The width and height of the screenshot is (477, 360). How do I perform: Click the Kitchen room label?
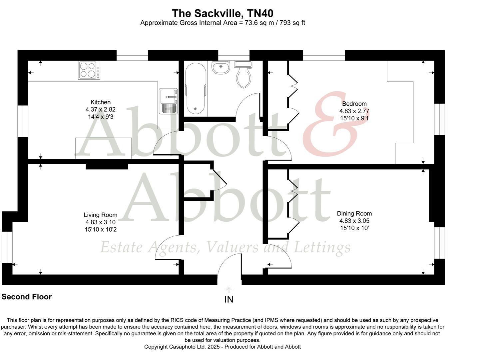(100, 102)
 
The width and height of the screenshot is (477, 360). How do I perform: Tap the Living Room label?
(100, 215)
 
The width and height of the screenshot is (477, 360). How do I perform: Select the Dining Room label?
(354, 214)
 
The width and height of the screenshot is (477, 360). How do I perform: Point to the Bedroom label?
(354, 104)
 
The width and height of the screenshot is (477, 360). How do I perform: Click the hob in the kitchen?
(89, 70)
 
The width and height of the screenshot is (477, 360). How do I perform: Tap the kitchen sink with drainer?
(169, 101)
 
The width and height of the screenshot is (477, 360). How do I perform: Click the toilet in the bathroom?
(243, 75)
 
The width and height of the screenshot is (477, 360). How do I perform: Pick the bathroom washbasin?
(220, 67)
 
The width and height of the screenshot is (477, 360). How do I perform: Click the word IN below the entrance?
(229, 299)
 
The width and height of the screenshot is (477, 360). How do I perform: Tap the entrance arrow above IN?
(229, 289)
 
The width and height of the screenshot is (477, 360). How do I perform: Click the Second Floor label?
(27, 297)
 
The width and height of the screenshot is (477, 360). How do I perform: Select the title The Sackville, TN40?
(223, 13)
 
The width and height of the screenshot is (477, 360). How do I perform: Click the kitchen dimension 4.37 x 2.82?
(100, 110)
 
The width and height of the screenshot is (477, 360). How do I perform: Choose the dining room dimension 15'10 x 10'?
(354, 228)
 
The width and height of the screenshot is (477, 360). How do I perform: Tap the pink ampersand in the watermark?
(330, 125)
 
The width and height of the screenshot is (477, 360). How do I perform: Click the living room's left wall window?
(7, 247)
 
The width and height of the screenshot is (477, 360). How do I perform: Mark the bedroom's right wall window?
(439, 119)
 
